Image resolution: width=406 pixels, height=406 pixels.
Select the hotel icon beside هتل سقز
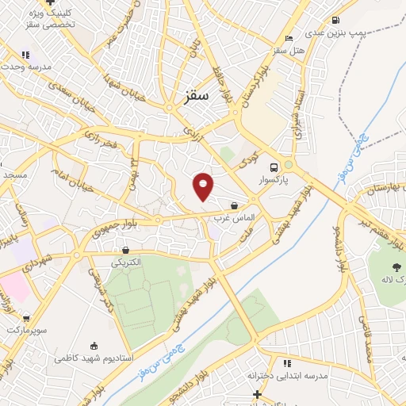(x=289, y=37)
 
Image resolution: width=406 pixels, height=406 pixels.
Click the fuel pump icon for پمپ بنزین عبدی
(x=335, y=20)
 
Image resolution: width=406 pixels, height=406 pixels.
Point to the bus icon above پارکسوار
(x=274, y=167)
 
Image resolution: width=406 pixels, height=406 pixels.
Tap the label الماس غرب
(x=232, y=216)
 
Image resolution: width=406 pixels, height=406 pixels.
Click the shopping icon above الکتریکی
(x=126, y=250)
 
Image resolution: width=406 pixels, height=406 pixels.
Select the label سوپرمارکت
(x=28, y=328)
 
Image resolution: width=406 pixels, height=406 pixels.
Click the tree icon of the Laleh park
(x=396, y=267)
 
